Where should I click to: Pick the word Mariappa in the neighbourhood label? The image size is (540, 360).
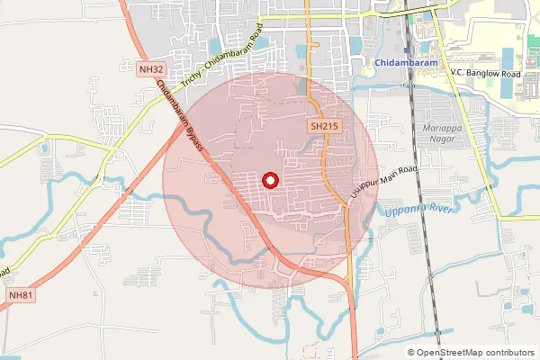click(442, 128)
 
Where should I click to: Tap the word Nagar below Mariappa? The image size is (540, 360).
click(442, 139)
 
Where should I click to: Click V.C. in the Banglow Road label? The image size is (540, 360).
click(460, 72)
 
